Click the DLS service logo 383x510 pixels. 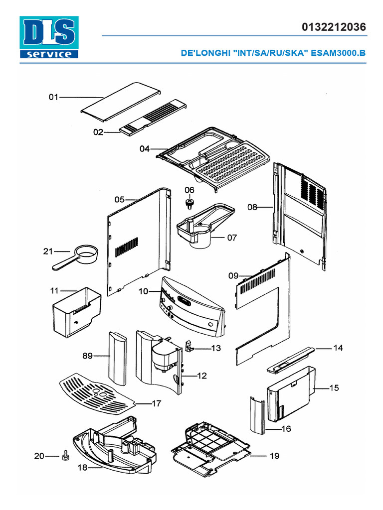coord(48,37)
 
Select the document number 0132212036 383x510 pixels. coord(334,27)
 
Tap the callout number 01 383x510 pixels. coord(53,97)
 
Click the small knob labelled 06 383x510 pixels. coord(190,203)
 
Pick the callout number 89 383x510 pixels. coord(88,356)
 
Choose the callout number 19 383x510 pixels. coord(274,456)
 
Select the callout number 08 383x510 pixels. coord(252,207)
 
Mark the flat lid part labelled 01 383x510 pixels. coord(120,102)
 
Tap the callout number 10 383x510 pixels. coord(144,291)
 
